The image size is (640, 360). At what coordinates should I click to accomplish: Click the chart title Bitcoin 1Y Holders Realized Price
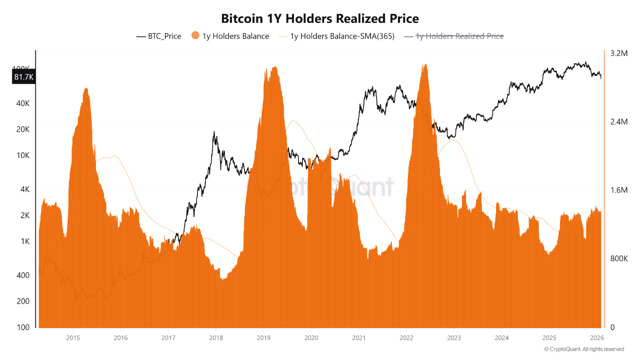[x=320, y=18]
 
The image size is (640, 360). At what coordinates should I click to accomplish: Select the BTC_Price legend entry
[x=158, y=36]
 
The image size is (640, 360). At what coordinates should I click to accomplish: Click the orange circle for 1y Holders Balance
[x=195, y=36]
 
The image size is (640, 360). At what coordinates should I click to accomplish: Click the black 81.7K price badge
[x=23, y=77]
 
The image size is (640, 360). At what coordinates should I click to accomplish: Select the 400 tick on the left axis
[x=23, y=275]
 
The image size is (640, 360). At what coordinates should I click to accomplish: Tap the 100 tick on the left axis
[x=23, y=327]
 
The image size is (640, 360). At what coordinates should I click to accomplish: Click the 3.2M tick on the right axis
[x=618, y=53]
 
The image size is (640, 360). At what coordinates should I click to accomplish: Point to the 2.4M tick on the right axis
[x=618, y=122]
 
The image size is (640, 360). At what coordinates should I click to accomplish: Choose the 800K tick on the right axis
[x=618, y=259]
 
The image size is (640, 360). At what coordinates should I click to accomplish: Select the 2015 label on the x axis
[x=73, y=337]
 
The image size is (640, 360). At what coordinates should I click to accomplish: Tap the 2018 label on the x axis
[x=215, y=337]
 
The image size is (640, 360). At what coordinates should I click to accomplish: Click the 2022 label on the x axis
[x=406, y=337]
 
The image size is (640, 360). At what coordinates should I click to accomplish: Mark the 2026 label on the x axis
[x=596, y=337]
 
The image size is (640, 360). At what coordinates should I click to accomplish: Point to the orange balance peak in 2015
[x=86, y=90]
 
